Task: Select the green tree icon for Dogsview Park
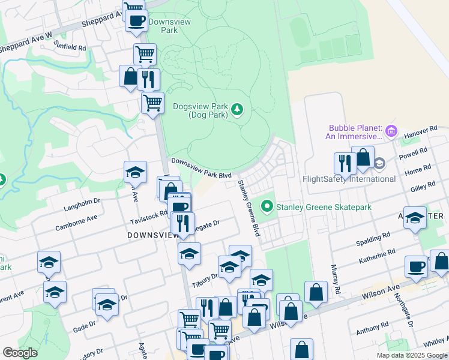pyautogui.click(x=238, y=109)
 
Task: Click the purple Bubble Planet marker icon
pyautogui.click(x=391, y=130)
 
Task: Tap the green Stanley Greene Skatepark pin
pyautogui.click(x=267, y=207)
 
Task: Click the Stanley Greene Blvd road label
pyautogui.click(x=249, y=208)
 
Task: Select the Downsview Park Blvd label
pyautogui.click(x=202, y=168)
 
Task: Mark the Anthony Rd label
pyautogui.click(x=372, y=329)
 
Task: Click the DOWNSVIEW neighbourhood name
pyautogui.click(x=151, y=236)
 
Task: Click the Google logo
pyautogui.click(x=20, y=353)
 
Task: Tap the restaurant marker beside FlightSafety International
pyautogui.click(x=345, y=163)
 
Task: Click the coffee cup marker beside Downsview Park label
pyautogui.click(x=136, y=20)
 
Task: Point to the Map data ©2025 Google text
pyautogui.click(x=412, y=355)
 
